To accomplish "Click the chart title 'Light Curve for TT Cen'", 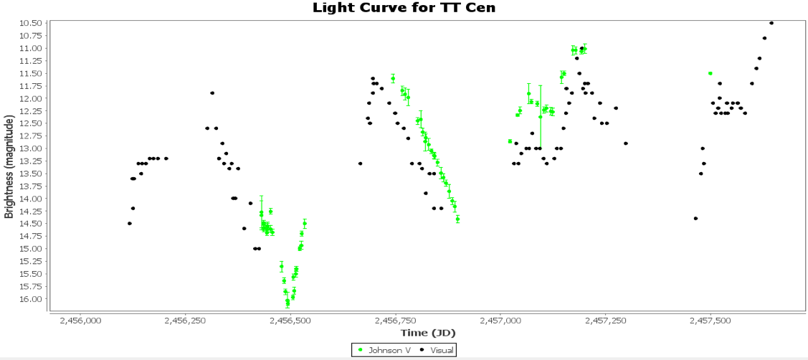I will [404, 8].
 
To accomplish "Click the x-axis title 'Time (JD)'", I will [428, 333].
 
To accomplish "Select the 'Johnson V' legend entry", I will [386, 349].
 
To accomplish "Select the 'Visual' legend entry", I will [437, 349].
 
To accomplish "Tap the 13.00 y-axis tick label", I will [32, 148].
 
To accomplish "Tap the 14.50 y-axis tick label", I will [32, 224].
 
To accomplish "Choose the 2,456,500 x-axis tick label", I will [290, 321].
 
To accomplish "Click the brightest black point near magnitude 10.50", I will [771, 23].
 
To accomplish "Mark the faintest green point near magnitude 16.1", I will [287, 303].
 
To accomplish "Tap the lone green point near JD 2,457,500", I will [710, 73].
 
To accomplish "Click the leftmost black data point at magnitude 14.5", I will [130, 223].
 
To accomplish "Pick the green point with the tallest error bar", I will [541, 116].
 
